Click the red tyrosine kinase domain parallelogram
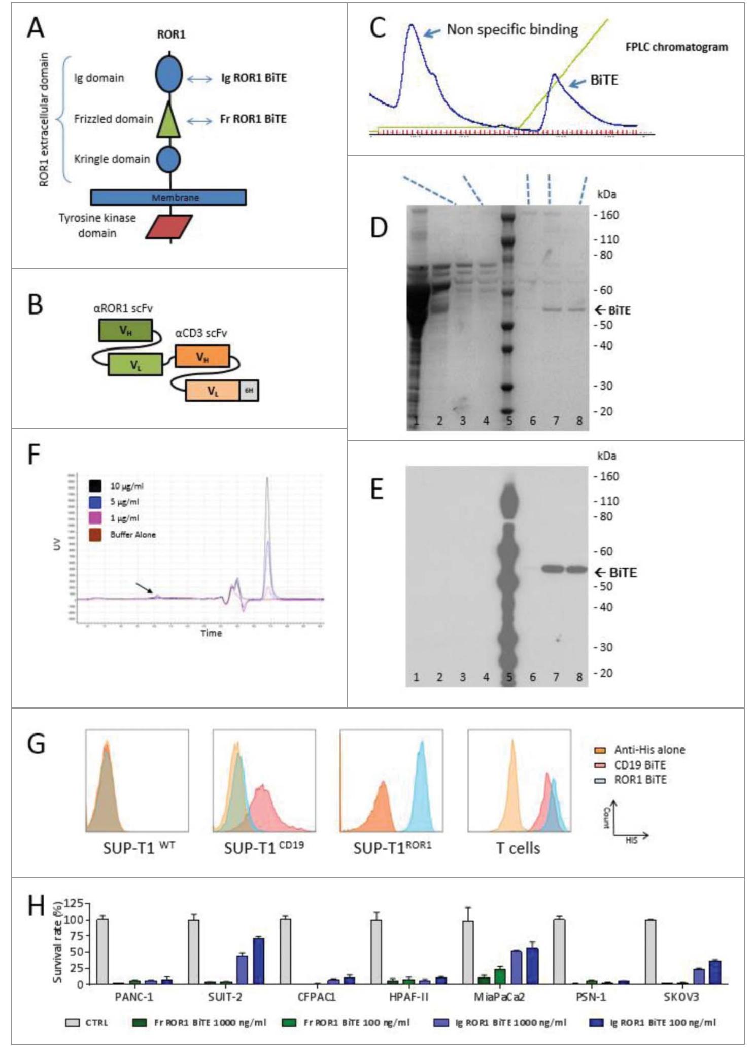169,227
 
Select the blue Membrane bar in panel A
168,197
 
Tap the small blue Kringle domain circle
168,159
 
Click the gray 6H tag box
249,390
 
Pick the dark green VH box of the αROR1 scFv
125,331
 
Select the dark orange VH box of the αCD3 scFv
202,357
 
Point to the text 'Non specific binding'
511,30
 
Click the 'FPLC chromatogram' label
676,47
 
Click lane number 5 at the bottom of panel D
509,421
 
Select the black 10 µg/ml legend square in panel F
95,486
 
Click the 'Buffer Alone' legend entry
132,535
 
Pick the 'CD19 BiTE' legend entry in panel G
639,765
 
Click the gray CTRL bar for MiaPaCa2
468,953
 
